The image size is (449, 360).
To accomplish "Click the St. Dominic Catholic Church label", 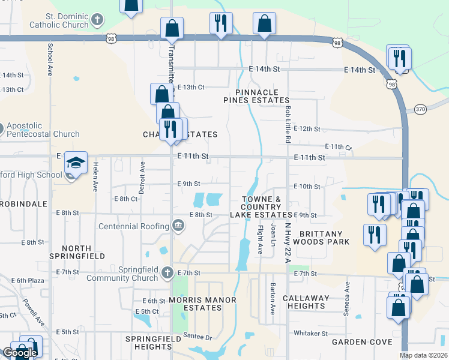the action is pos(58,20).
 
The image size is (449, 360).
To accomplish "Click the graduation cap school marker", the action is pos(76,163).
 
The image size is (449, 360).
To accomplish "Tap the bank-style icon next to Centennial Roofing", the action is pos(178,226).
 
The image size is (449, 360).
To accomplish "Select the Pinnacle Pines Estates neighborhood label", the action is pos(257,96).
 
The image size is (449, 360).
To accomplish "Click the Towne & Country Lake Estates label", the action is pos(261,207).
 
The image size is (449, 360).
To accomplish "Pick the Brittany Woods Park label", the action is pos(324,238).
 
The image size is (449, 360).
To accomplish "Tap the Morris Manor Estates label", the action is pos(202,304).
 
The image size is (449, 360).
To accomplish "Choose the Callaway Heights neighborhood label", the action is pos(306,302).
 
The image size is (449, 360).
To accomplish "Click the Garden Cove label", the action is pos(362,343).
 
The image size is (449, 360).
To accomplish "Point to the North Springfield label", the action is pos(76,252).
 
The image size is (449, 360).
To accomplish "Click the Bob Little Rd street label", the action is pos(288,124).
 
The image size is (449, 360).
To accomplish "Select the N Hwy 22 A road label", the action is pos(288,242).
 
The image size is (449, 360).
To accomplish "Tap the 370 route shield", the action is pos(420,109).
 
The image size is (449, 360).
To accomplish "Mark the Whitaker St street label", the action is pos(311,333).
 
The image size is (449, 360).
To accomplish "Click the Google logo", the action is pos(20,353).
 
